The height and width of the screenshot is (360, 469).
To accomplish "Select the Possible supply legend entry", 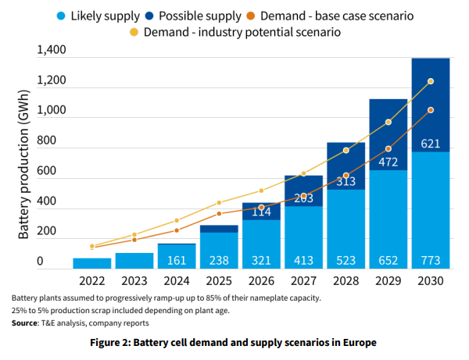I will pyautogui.click(x=202, y=15).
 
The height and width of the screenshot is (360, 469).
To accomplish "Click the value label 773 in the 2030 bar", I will pyautogui.click(x=431, y=261).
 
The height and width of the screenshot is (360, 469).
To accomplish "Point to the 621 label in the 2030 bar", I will pyautogui.click(x=431, y=143).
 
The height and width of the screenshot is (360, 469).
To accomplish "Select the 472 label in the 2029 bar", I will pyautogui.click(x=388, y=162).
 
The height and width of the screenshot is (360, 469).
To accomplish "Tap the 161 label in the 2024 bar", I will pyautogui.click(x=177, y=261).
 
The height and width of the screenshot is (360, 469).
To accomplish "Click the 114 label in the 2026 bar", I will pyautogui.click(x=261, y=212).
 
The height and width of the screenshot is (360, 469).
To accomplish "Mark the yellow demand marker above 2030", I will pyautogui.click(x=431, y=81).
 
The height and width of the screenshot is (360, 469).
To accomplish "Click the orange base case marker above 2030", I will pyautogui.click(x=431, y=110).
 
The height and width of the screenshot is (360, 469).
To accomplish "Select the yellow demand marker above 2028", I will pyautogui.click(x=346, y=151).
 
